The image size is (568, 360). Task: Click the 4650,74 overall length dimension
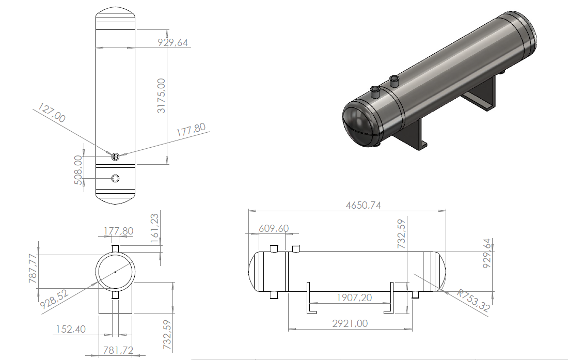pyautogui.click(x=364, y=206)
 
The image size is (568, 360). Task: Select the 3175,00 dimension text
pyautogui.click(x=161, y=96)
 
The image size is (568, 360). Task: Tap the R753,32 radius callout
pyautogui.click(x=473, y=300)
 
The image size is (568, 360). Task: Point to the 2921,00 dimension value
pyautogui.click(x=350, y=323)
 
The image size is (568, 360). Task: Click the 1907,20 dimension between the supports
pyautogui.click(x=354, y=298)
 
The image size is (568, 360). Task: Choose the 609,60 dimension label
pyautogui.click(x=274, y=228)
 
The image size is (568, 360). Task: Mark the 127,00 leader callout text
pyautogui.click(x=52, y=113)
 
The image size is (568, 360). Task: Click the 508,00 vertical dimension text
pyautogui.click(x=78, y=170)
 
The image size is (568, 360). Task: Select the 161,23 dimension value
pyautogui.click(x=154, y=228)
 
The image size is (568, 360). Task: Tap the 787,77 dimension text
pyautogui.click(x=33, y=269)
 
